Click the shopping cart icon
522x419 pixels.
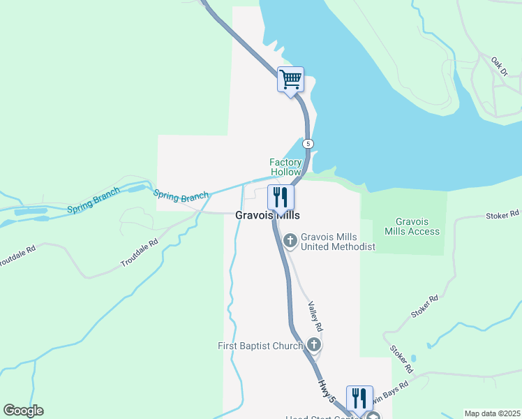pyautogui.click(x=290, y=79)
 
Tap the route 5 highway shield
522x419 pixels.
pyautogui.click(x=308, y=143)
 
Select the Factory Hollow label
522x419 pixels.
pyautogui.click(x=285, y=167)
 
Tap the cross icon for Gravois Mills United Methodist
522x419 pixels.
pyautogui.click(x=290, y=241)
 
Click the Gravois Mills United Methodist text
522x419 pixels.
pyautogui.click(x=338, y=242)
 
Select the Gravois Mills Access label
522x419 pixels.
pyautogui.click(x=412, y=226)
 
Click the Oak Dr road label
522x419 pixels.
pyautogui.click(x=500, y=66)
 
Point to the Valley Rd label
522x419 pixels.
pyautogui.click(x=315, y=316)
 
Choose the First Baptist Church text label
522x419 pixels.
pyautogui.click(x=260, y=345)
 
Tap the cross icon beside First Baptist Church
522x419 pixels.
pyautogui.click(x=314, y=344)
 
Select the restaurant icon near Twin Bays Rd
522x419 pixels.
pyautogui.click(x=359, y=398)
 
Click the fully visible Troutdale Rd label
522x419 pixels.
pyautogui.click(x=140, y=253)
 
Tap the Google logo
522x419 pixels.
pyautogui.click(x=23, y=411)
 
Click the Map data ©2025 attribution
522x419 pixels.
pyautogui.click(x=492, y=413)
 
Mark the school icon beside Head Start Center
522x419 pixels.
pyautogui.click(x=374, y=416)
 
